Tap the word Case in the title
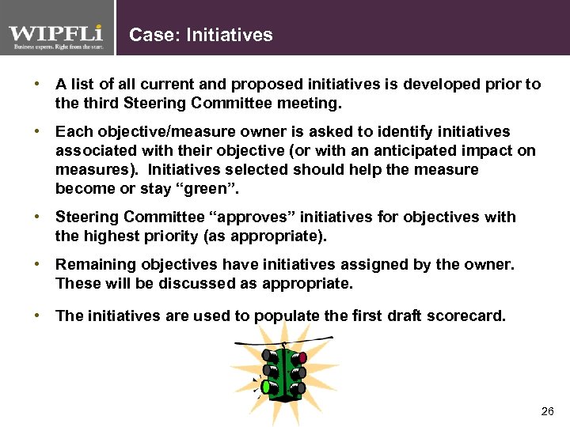click(149, 35)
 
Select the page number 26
click(547, 411)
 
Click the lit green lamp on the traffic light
click(256, 387)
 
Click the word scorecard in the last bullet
click(468, 316)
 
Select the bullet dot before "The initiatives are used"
click(37, 316)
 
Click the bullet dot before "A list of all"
click(37, 84)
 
